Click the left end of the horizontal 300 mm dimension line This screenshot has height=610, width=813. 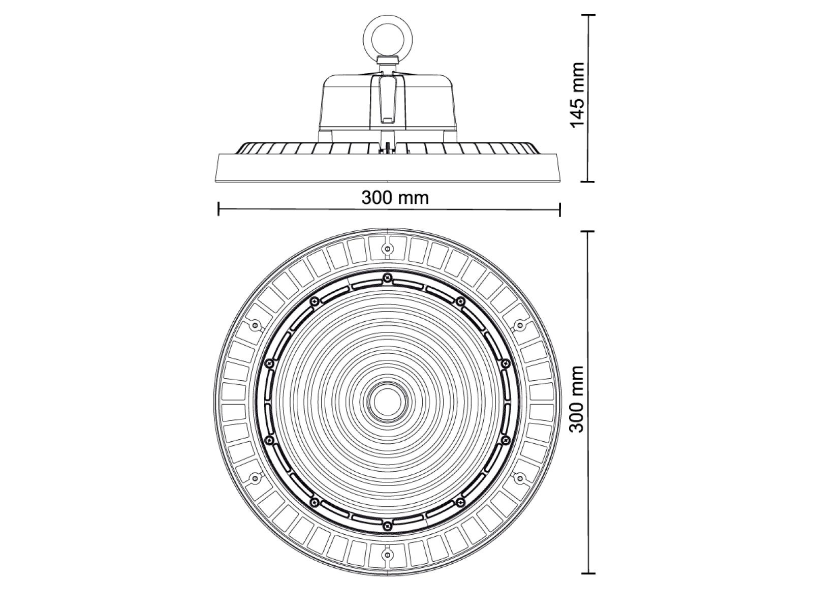(218, 209)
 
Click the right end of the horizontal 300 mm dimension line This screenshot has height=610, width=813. (559, 209)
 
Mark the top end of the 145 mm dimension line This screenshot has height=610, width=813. (587, 15)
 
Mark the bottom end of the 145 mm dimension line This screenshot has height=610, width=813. (587, 181)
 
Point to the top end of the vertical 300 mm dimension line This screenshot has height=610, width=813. (587, 231)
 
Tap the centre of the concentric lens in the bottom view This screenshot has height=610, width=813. (387, 401)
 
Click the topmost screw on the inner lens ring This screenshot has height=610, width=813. (387, 277)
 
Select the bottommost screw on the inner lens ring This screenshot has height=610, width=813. (387, 525)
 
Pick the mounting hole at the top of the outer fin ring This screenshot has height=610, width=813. (387, 249)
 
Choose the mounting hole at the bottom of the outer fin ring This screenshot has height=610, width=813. (387, 555)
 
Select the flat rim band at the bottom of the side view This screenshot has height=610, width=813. (387, 168)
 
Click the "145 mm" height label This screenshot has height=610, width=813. (577, 96)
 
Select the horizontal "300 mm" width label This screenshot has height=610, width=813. (395, 198)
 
